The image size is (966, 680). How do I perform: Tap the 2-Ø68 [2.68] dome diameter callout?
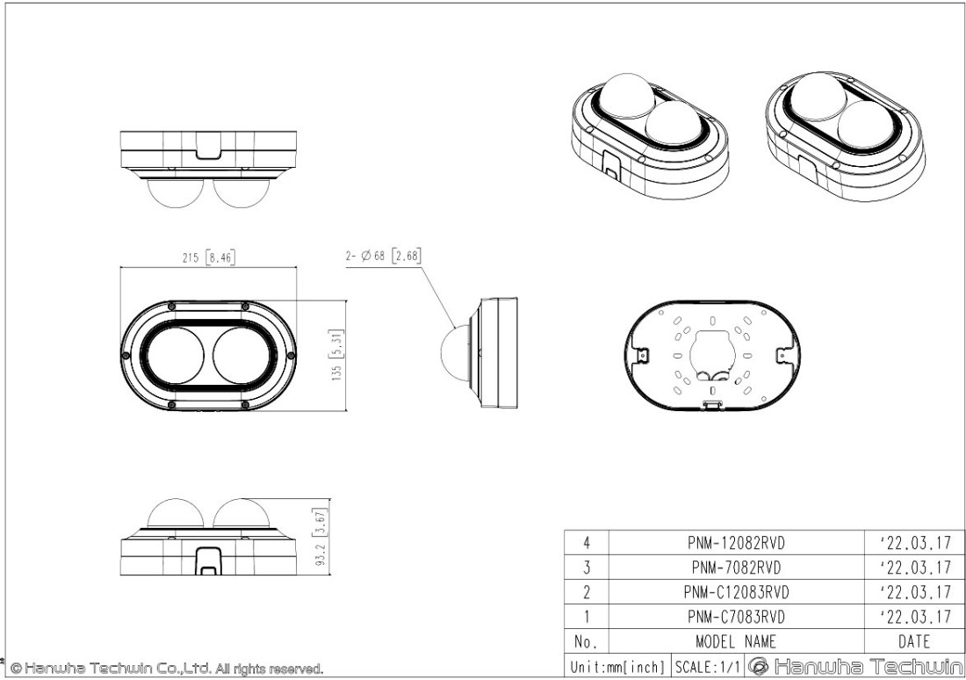[x=384, y=257]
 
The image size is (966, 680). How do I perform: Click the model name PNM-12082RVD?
[x=736, y=543]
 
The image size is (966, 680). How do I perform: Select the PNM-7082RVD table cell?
[x=736, y=568]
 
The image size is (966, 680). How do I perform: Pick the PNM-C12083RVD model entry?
[x=736, y=592]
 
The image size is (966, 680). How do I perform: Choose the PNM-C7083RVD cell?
[x=736, y=617]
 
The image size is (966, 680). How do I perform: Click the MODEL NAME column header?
[x=736, y=641]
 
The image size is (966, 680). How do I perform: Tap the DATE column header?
[x=914, y=641]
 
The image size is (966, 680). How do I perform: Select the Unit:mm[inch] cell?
[x=617, y=666]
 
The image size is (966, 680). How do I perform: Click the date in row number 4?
[x=914, y=543]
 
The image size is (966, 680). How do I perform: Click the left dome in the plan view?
[x=173, y=355]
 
